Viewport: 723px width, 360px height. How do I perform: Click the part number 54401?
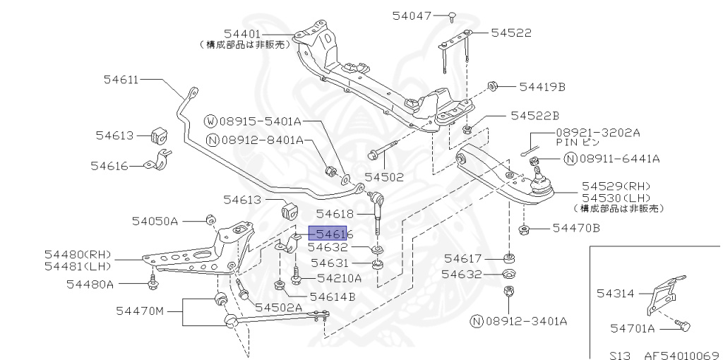[242, 34]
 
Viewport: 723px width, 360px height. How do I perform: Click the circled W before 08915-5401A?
[211, 121]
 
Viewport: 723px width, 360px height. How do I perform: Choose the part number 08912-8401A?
[262, 140]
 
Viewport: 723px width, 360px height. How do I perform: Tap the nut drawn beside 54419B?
[494, 87]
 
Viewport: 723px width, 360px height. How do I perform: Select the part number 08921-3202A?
[597, 132]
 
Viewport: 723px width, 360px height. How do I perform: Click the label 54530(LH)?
[616, 198]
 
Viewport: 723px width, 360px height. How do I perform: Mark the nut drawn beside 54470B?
[525, 228]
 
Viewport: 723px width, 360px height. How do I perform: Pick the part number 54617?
[462, 259]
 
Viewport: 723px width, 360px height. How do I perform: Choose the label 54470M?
[139, 310]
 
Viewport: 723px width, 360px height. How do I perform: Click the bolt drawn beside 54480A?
[153, 284]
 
